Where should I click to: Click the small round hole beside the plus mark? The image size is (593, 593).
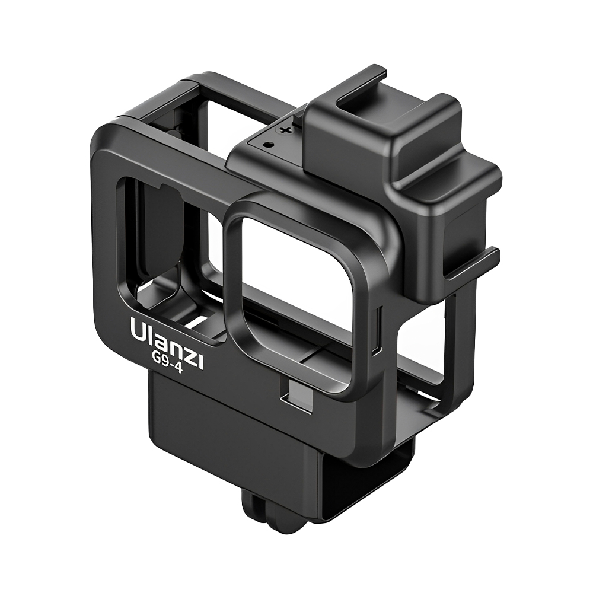click(x=268, y=143)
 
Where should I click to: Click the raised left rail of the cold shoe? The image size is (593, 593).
click(x=344, y=89)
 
